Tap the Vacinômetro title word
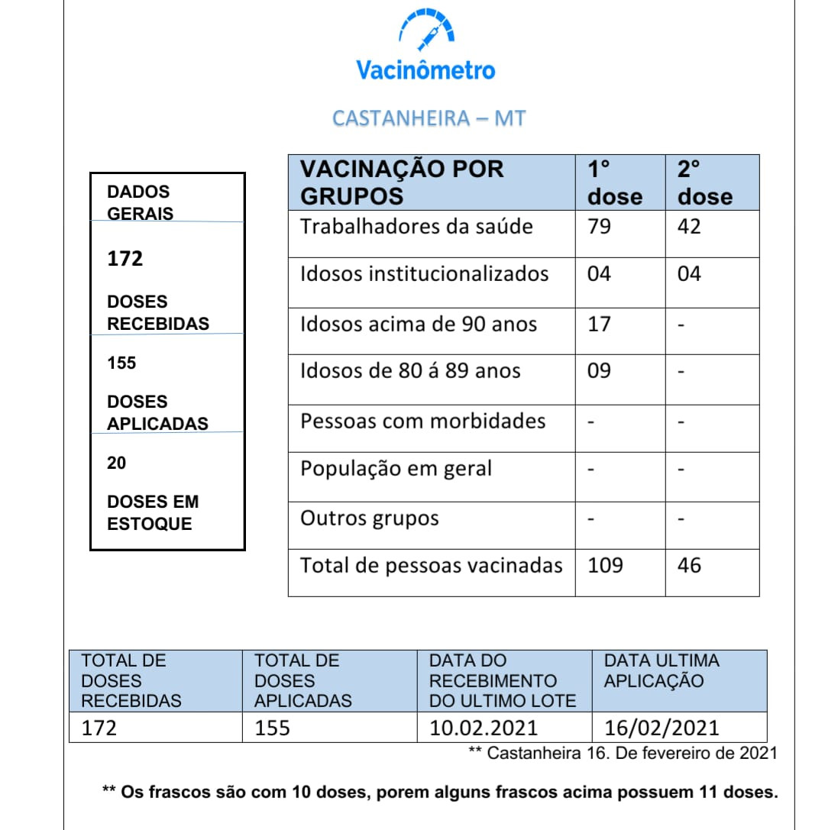pyautogui.click(x=425, y=71)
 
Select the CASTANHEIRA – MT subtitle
pyautogui.click(x=429, y=118)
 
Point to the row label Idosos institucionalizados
pyautogui.click(x=424, y=274)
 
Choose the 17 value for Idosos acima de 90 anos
pyautogui.click(x=599, y=324)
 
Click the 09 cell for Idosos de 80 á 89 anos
pyautogui.click(x=599, y=371)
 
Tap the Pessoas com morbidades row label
pyautogui.click(x=422, y=421)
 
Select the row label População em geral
pyautogui.click(x=396, y=469)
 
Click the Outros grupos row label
pyautogui.click(x=369, y=518)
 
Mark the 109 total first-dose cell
pyautogui.click(x=605, y=566)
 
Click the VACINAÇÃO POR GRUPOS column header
pyautogui.click(x=402, y=182)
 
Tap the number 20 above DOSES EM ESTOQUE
pyautogui.click(x=117, y=463)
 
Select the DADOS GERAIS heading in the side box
pyautogui.click(x=140, y=202)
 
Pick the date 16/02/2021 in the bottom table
pyautogui.click(x=661, y=728)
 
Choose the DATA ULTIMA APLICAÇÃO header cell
pyautogui.click(x=662, y=671)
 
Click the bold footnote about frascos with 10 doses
pyautogui.click(x=440, y=793)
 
